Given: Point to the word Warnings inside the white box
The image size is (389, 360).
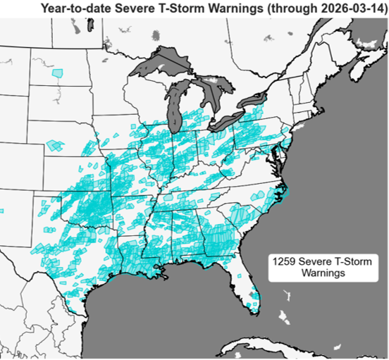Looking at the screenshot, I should pos(309,273).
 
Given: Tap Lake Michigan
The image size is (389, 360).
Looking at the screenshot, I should pos(173,102).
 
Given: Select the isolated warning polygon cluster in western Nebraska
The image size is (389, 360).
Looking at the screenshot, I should pos(55,146).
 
